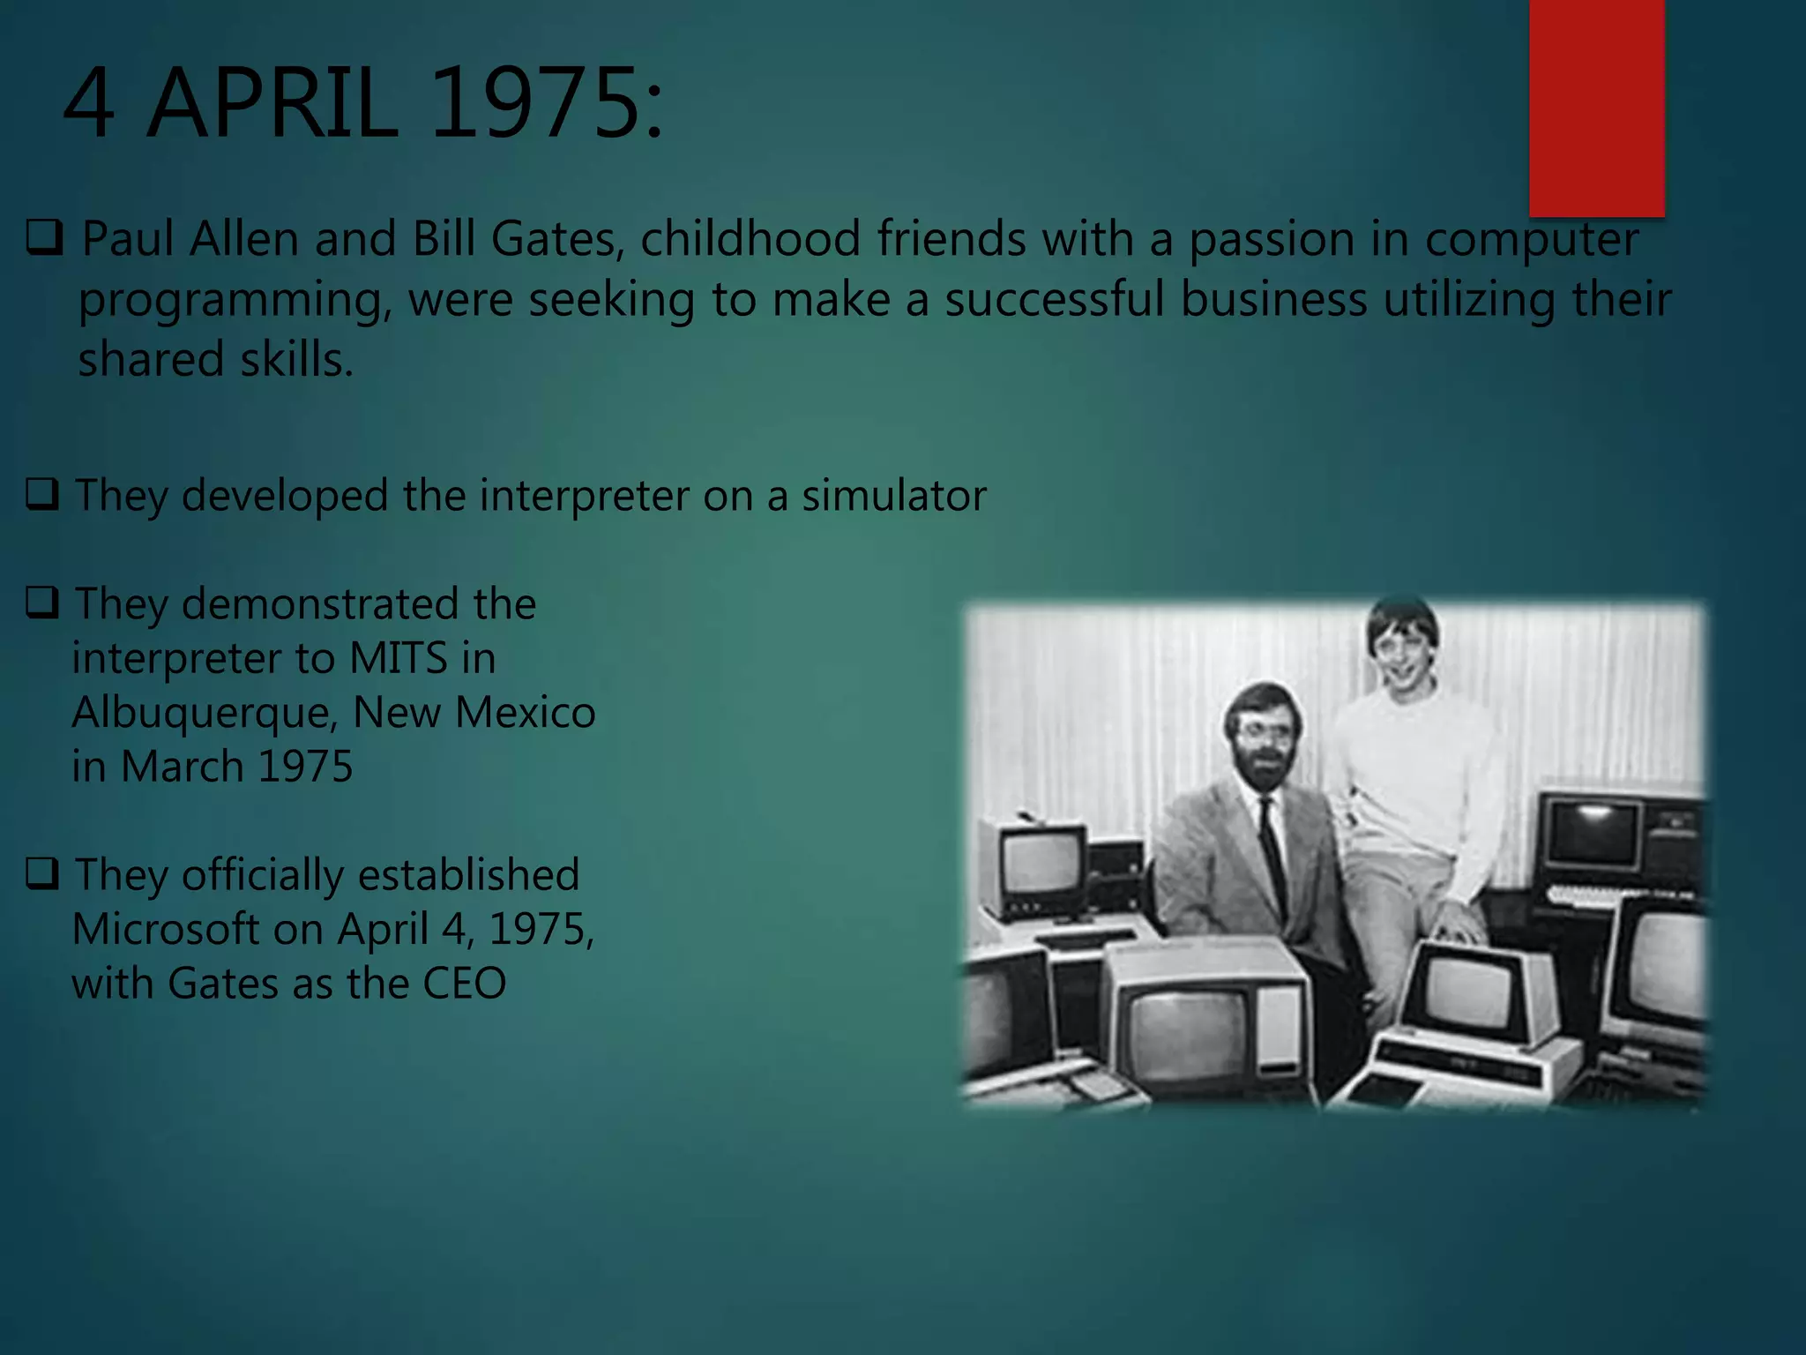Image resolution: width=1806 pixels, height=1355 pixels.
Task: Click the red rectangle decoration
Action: tap(1596, 106)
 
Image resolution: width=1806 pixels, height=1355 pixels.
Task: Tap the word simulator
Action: tap(893, 496)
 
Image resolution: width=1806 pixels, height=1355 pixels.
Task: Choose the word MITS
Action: tap(399, 659)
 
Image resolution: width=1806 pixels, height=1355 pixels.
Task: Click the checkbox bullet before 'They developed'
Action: tap(42, 494)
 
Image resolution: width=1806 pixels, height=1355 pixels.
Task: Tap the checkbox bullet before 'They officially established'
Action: tap(42, 873)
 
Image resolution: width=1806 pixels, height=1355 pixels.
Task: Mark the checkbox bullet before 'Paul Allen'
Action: tap(44, 238)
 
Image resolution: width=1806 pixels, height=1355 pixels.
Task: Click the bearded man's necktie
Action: tap(1272, 847)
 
